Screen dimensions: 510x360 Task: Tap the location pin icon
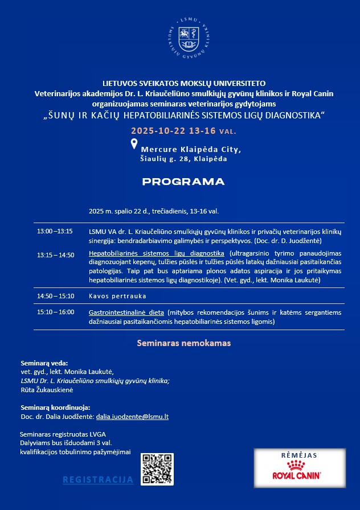point(134,144)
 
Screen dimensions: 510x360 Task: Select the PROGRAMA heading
point(183,182)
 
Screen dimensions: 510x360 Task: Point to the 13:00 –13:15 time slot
point(55,231)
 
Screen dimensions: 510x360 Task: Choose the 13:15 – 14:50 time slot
point(55,254)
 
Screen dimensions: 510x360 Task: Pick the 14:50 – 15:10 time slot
point(55,296)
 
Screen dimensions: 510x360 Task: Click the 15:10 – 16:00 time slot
point(55,312)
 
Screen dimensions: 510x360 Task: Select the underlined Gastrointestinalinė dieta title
point(126,312)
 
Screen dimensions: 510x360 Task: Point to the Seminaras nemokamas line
point(183,344)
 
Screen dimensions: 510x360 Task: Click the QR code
point(157,469)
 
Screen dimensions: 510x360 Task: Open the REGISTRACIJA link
point(98,480)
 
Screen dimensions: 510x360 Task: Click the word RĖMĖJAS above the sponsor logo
point(299,455)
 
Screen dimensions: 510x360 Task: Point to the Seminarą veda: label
point(44,363)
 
